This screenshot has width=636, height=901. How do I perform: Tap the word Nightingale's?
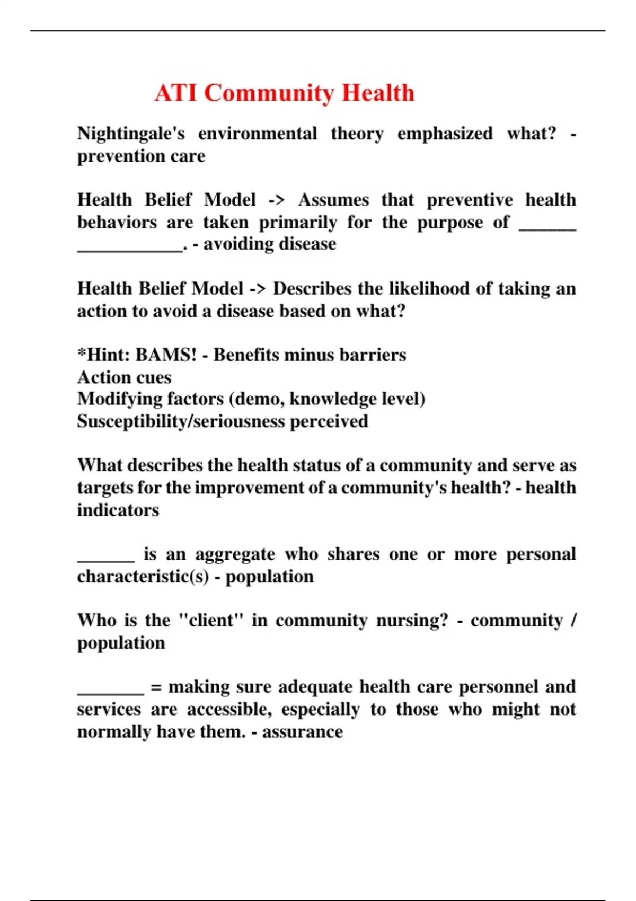(131, 133)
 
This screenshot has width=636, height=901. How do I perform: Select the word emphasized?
(445, 133)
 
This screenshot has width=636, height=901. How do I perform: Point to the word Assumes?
(333, 200)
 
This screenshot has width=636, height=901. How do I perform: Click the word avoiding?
(236, 244)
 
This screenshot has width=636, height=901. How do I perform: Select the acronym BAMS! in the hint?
(166, 355)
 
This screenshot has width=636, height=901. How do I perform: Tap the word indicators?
(118, 510)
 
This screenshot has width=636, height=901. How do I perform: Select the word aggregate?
(235, 554)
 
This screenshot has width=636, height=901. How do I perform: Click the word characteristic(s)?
(143, 576)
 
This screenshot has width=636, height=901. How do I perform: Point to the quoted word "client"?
(211, 620)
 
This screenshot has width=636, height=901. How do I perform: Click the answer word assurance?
(302, 731)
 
